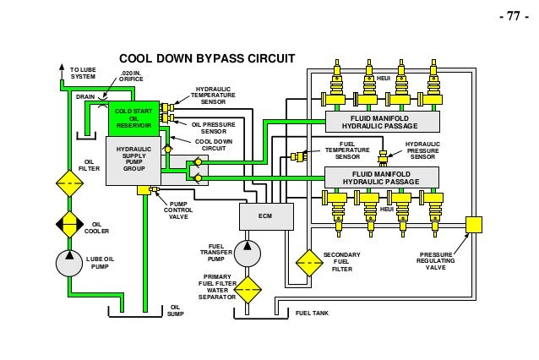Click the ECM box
[266, 216]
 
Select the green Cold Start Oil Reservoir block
[133, 118]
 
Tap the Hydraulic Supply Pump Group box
[133, 161]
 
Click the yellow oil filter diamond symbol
[70, 183]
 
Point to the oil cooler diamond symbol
[70, 224]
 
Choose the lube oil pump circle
[69, 264]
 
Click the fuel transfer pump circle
[248, 254]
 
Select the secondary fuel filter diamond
[309, 263]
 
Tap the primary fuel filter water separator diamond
[248, 290]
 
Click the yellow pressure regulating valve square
[474, 225]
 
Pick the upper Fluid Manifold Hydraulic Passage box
[382, 122]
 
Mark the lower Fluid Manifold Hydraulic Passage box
[382, 177]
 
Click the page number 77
[514, 16]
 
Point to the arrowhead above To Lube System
[62, 67]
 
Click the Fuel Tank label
[312, 314]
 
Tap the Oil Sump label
[176, 310]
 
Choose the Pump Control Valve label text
[178, 210]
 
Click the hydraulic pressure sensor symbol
[383, 157]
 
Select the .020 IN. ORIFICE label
[131, 76]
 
